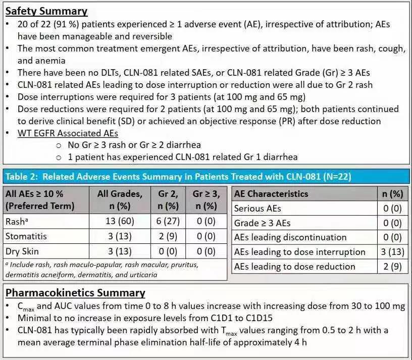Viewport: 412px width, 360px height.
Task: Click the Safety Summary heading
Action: click(46, 11)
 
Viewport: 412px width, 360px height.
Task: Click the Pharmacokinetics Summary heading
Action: click(75, 292)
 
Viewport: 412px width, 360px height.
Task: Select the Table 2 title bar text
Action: click(178, 177)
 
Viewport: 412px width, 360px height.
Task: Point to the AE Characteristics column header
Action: click(271, 193)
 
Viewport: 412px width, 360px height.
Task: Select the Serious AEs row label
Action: click(257, 208)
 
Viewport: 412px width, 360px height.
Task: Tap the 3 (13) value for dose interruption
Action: click(393, 252)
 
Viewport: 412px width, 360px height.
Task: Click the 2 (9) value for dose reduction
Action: click(393, 267)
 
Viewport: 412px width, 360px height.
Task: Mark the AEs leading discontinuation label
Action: click(290, 237)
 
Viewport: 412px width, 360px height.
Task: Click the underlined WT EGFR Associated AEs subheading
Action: click(68, 133)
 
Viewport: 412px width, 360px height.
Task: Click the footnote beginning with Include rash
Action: click(101, 270)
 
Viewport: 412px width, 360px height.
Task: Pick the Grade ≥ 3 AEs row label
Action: click(263, 223)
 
